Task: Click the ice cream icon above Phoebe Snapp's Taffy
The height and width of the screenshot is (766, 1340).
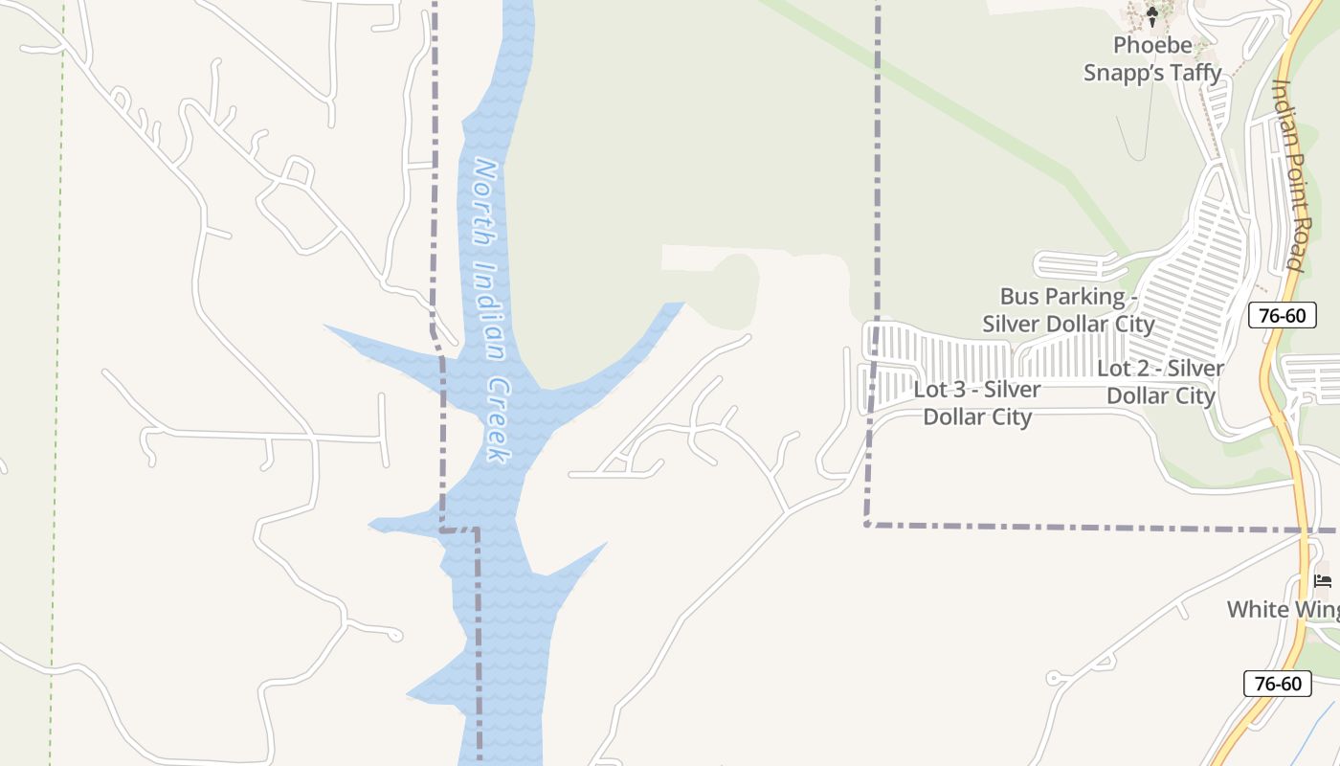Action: pyautogui.click(x=1152, y=14)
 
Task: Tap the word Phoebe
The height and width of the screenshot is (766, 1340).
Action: pyautogui.click(x=1152, y=45)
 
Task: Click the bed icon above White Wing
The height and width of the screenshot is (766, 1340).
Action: pyautogui.click(x=1323, y=580)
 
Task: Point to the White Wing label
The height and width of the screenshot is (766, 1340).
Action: pyautogui.click(x=1283, y=609)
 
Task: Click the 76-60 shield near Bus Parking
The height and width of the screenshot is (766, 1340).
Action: pyautogui.click(x=1282, y=314)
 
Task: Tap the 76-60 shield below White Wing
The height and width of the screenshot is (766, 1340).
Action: pyautogui.click(x=1277, y=683)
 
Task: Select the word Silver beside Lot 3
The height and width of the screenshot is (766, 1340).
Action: pyautogui.click(x=1013, y=390)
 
